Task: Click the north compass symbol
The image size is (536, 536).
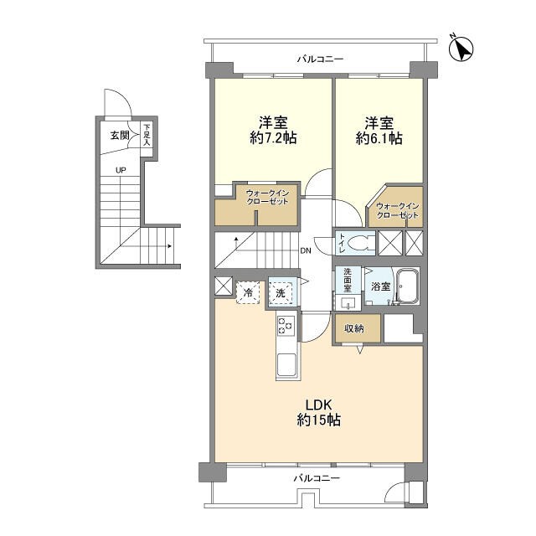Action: click(x=461, y=49)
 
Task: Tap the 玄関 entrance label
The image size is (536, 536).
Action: click(x=120, y=136)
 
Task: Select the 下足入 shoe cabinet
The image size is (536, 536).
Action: click(x=147, y=135)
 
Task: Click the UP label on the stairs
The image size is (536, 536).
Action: click(x=121, y=170)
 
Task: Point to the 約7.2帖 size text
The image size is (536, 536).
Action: click(x=273, y=137)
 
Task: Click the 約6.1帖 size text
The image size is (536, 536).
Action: click(x=379, y=137)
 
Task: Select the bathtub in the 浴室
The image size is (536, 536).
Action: click(x=407, y=286)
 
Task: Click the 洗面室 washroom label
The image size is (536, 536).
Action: click(x=348, y=281)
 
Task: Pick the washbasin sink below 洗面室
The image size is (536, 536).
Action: click(x=348, y=302)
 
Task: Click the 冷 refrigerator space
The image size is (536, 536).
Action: click(x=248, y=292)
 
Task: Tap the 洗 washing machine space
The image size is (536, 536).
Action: click(x=281, y=293)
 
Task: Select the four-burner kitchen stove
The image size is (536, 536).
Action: click(x=286, y=325)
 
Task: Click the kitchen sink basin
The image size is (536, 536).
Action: click(x=286, y=364)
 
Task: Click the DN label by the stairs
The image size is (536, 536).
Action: click(x=306, y=251)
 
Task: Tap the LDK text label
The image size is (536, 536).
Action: click(x=318, y=405)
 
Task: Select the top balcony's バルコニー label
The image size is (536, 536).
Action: click(x=320, y=59)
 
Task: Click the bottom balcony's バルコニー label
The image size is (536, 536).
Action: click(x=317, y=477)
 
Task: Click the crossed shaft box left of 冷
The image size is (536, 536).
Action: click(x=224, y=286)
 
